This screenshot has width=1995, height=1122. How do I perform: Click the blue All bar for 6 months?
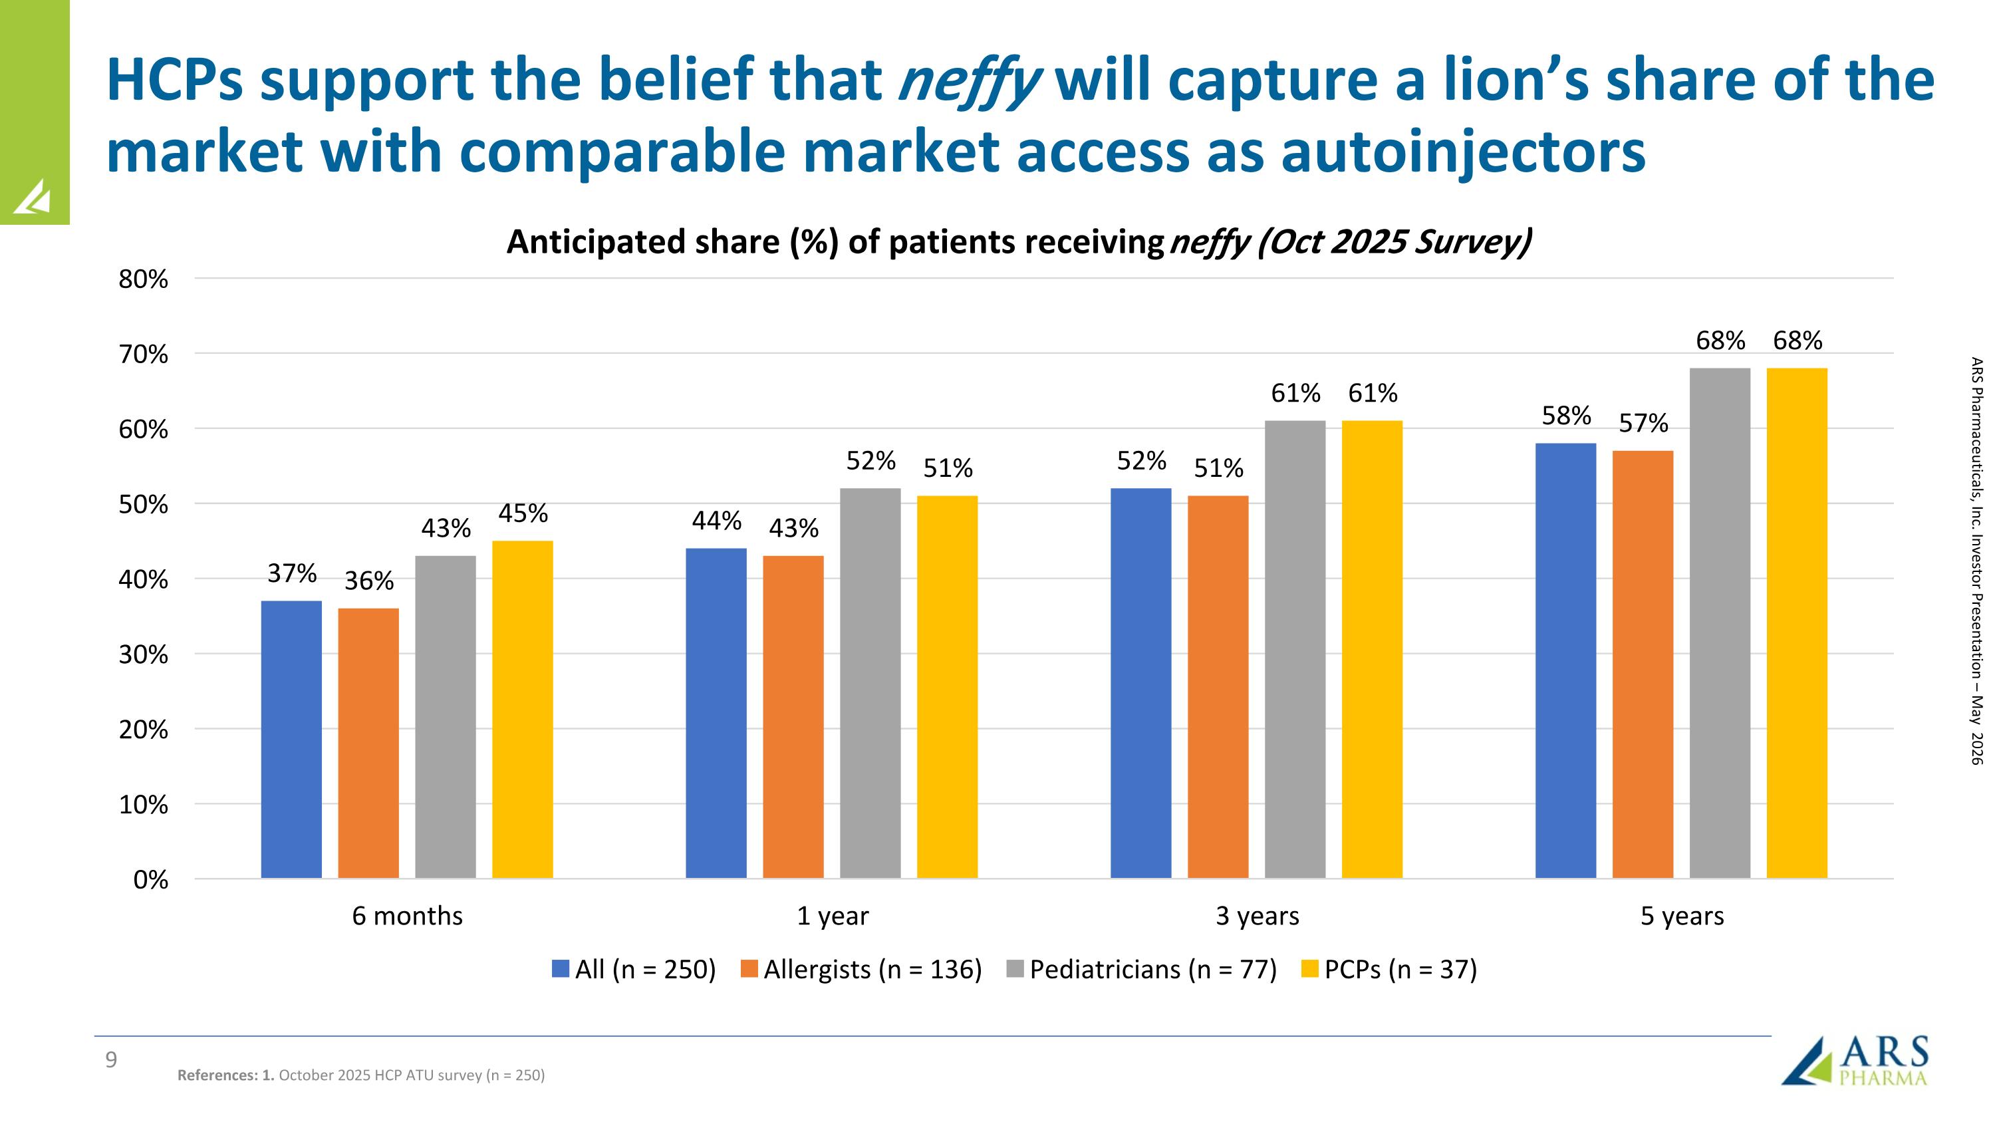tap(291, 740)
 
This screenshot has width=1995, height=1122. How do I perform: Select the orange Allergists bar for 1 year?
tap(793, 717)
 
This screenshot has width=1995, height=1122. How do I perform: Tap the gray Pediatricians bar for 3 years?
tap(1295, 650)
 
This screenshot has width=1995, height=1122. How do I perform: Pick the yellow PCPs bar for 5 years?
tap(1797, 623)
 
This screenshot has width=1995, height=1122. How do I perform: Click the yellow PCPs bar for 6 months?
tap(523, 709)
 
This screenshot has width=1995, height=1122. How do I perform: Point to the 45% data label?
tap(523, 513)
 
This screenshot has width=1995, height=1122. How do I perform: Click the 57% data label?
tap(1643, 424)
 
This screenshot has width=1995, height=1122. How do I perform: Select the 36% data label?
tap(368, 581)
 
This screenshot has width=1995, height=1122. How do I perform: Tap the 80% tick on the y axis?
tap(143, 279)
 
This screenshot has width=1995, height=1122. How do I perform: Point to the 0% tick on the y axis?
tap(151, 881)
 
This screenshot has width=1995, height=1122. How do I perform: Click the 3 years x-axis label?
tap(1257, 916)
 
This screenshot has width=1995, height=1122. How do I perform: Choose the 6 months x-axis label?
tap(408, 916)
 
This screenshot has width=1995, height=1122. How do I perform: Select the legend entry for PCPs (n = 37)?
tap(1389, 970)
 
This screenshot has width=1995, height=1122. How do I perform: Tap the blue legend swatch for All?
tap(561, 968)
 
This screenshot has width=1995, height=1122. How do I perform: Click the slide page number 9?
tap(112, 1060)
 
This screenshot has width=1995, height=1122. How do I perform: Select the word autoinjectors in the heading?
tap(1463, 152)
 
